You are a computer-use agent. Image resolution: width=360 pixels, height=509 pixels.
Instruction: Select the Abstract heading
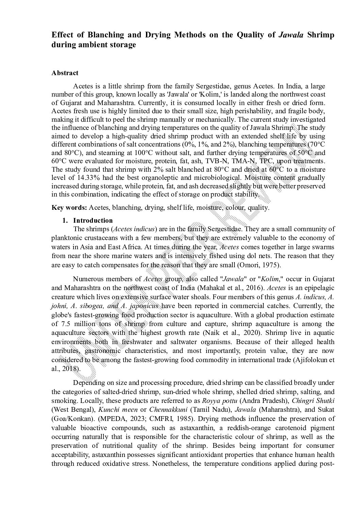tap(65, 73)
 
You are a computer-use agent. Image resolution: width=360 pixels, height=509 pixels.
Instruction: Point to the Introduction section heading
tap(93, 220)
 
